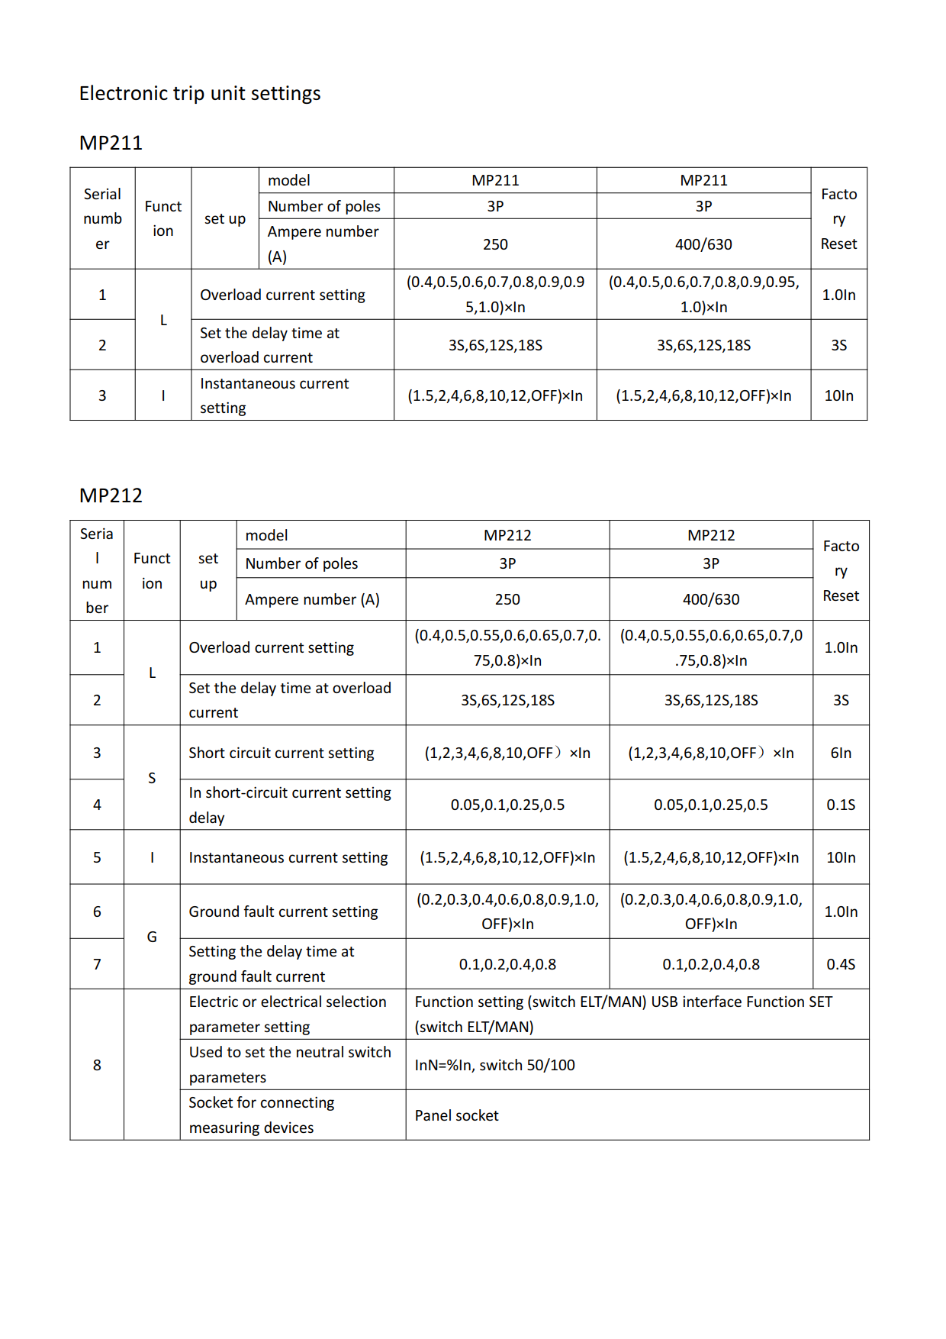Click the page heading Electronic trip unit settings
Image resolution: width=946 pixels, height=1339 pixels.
point(200,93)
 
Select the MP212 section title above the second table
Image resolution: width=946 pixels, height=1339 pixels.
point(111,495)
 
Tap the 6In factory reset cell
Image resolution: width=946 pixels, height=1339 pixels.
point(841,753)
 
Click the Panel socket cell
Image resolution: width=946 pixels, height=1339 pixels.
point(456,1115)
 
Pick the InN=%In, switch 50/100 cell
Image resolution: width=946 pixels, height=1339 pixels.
point(494,1065)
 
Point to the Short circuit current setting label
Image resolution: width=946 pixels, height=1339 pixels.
point(281,753)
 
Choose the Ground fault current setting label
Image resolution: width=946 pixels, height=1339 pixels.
point(283,911)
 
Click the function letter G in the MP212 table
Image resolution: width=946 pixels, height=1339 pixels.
point(152,937)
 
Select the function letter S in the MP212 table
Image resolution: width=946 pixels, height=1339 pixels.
point(152,778)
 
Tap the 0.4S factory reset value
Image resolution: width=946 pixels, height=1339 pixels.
point(841,964)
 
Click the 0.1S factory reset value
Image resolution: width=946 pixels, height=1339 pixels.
point(841,805)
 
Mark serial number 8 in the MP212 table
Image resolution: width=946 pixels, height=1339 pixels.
point(97,1065)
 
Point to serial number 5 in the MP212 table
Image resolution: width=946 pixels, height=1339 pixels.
point(97,857)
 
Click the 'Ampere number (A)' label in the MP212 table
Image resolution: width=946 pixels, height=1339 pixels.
point(312,599)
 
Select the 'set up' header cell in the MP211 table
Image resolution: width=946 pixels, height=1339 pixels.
point(225,218)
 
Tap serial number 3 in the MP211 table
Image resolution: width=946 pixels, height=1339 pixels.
point(102,395)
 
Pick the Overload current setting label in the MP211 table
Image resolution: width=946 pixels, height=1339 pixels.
point(282,295)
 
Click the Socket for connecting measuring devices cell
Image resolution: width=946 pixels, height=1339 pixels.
point(261,1115)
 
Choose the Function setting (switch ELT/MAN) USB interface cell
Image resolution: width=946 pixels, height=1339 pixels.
point(623,1014)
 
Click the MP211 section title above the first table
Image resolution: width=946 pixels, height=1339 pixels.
point(111,143)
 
